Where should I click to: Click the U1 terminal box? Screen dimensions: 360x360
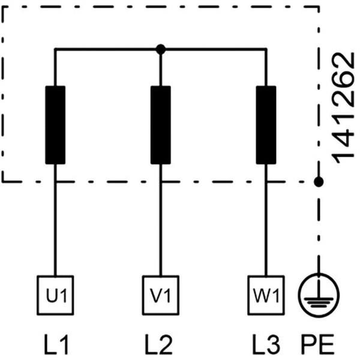coord(55,295)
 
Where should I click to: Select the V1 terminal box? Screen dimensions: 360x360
coord(160,295)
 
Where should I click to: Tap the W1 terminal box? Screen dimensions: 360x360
coord(265,295)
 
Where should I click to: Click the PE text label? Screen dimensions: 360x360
coord(318,346)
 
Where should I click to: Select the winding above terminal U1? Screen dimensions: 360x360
coord(55,125)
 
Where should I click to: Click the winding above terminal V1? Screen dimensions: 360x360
coord(160,125)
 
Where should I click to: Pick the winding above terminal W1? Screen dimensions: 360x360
coord(266,125)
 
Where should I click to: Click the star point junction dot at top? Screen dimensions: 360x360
coord(160,49)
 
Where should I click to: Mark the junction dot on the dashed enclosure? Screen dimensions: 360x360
coord(319,181)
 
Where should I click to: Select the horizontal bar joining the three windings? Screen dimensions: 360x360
coord(108,49)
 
